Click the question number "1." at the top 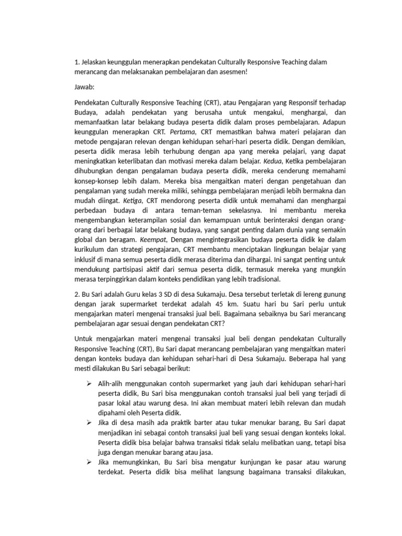(77, 62)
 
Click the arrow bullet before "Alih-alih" (88, 384)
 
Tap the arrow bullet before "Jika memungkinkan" (88, 463)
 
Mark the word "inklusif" (87, 258)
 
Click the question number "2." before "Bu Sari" (77, 294)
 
